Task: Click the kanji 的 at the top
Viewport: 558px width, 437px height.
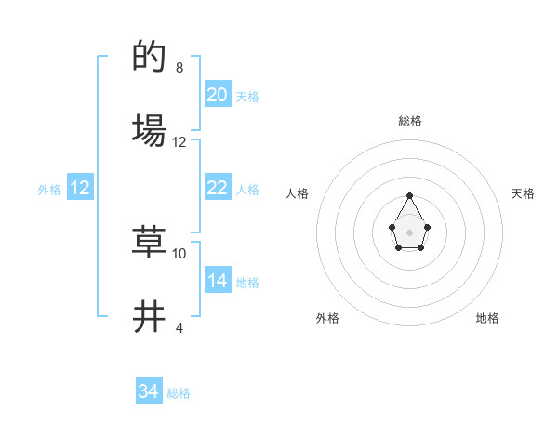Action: pos(150,58)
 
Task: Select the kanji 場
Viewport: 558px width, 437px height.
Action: pos(150,130)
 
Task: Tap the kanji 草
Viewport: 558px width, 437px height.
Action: pos(150,242)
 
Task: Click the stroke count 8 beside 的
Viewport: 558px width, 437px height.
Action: pos(179,68)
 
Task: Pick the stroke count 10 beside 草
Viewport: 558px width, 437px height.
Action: pos(179,253)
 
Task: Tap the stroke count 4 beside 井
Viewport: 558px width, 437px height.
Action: pos(179,327)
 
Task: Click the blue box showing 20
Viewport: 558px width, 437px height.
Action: pos(218,95)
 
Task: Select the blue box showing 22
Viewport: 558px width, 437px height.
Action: pos(218,188)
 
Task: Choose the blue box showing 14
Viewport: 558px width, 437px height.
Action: pos(218,281)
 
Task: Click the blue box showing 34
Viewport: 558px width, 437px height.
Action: pos(149,391)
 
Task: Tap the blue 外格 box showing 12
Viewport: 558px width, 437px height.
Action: pos(80,188)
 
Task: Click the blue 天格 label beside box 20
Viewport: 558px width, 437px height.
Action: pos(247,97)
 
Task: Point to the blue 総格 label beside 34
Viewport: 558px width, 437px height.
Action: pos(179,393)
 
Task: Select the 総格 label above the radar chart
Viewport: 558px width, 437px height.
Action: pos(409,121)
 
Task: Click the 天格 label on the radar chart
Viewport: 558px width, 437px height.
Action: pos(524,193)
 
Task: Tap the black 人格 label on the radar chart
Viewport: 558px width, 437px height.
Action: pos(297,193)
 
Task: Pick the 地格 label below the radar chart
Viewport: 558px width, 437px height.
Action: pos(487,318)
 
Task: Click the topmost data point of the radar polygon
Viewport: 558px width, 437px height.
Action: pos(409,196)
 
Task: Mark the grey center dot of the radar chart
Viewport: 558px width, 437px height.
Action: pos(409,232)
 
